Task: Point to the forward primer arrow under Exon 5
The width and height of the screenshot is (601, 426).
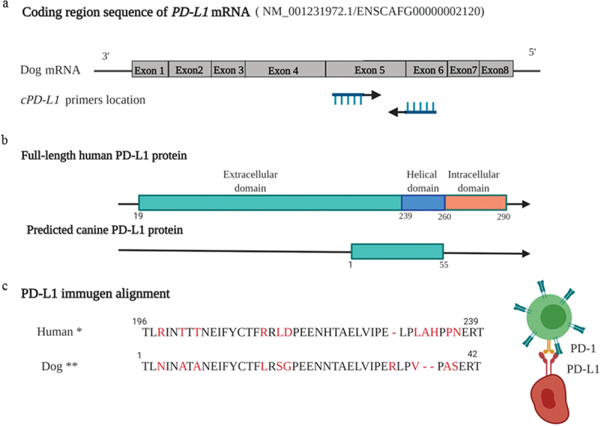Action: point(356,95)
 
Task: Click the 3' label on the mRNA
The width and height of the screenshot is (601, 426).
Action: point(106,56)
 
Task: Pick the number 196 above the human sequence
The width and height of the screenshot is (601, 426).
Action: point(139,321)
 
